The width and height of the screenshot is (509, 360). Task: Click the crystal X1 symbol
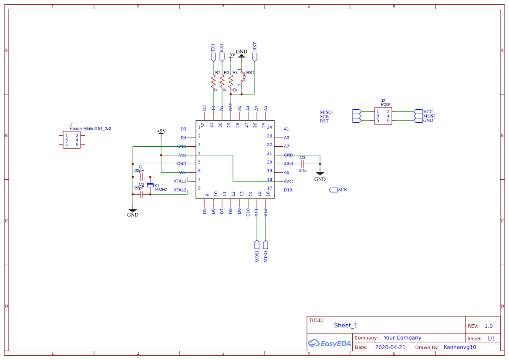click(x=150, y=186)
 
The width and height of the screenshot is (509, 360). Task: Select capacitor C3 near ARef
click(x=302, y=164)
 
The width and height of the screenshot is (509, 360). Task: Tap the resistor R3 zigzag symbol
click(x=231, y=81)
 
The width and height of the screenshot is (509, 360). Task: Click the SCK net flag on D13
click(x=333, y=190)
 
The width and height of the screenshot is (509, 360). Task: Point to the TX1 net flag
click(x=213, y=57)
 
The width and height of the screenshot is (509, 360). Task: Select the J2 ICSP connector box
click(x=383, y=116)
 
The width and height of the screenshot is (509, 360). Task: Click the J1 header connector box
click(x=71, y=140)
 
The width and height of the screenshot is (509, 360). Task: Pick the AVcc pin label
click(x=289, y=181)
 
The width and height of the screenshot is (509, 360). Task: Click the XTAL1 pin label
click(x=180, y=181)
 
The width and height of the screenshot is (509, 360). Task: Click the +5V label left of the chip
click(x=161, y=131)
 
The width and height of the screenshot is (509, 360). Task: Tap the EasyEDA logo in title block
click(x=329, y=343)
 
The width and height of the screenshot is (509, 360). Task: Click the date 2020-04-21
click(x=390, y=347)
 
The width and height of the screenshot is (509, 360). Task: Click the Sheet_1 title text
click(x=346, y=325)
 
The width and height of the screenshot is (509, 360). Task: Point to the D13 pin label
click(x=288, y=190)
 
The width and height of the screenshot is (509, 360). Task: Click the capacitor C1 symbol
click(x=141, y=177)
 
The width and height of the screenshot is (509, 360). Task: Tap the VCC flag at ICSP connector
click(x=418, y=112)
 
